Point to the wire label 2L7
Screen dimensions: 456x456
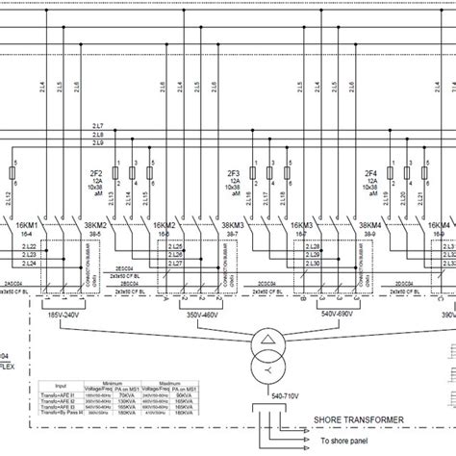[x=98, y=126]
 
